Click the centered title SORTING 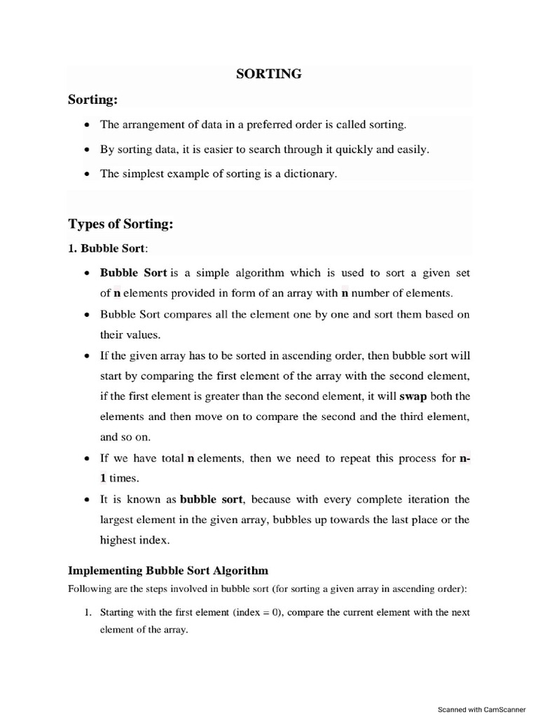pos(269,74)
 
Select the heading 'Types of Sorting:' pos(120,224)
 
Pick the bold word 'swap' pos(413,396)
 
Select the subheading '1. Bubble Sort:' pos(109,248)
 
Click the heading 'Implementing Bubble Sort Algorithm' pos(167,570)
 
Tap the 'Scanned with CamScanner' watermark pos(481,709)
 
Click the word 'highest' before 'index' pos(119,541)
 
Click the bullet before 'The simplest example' pos(86,174)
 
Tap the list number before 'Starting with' pos(88,612)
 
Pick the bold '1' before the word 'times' pos(103,478)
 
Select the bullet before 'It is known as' pos(86,500)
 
